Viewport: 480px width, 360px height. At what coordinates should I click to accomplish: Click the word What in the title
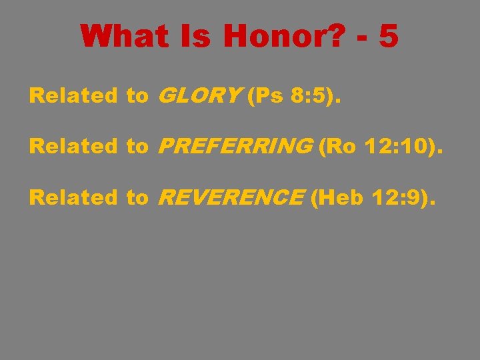pos(124,36)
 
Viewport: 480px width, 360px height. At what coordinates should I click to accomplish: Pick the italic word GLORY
pos(199,96)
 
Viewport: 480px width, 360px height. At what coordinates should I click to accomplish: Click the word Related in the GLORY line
pos(73,96)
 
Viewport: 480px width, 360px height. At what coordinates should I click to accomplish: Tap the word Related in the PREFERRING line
pos(73,147)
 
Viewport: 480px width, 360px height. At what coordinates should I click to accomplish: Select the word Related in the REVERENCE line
pos(73,197)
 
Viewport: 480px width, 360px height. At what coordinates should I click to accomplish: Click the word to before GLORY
pos(137,96)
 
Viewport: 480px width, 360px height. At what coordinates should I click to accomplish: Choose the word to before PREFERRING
pos(137,147)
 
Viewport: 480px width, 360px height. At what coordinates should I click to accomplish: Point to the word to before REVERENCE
pos(137,197)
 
